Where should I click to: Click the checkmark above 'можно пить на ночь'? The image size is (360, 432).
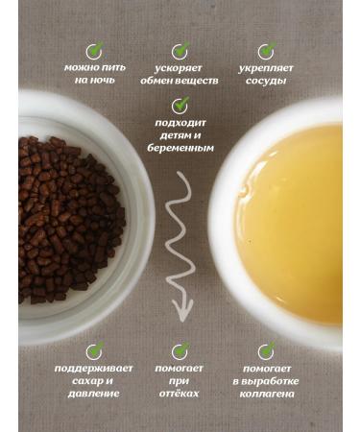[93, 50]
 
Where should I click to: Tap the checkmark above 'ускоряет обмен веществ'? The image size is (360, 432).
[180, 50]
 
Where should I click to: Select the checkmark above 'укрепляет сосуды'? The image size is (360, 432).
[266, 50]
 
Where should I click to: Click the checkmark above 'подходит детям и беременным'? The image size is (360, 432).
[180, 105]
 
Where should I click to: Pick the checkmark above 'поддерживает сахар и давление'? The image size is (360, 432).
[93, 350]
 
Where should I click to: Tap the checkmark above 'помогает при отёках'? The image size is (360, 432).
[180, 350]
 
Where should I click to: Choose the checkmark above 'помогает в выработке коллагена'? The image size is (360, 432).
[266, 350]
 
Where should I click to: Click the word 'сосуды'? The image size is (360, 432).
[267, 82]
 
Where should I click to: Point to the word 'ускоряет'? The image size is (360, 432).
[180, 69]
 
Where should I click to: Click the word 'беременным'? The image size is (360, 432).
[180, 149]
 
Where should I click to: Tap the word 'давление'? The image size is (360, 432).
[93, 394]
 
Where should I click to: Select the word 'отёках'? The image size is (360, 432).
[180, 394]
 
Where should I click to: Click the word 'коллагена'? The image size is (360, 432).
[267, 394]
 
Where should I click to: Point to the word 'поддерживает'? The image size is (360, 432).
[93, 369]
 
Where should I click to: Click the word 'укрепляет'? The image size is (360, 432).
[267, 69]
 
